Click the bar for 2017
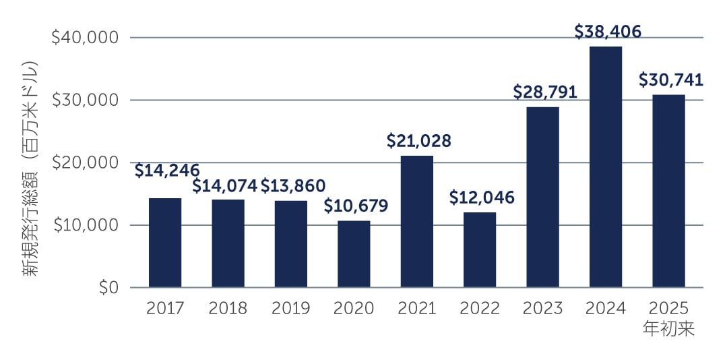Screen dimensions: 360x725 pos(165,243)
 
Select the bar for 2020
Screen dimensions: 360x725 pos(354,254)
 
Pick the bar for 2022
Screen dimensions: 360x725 pos(480,250)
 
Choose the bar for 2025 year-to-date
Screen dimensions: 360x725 pos(668,191)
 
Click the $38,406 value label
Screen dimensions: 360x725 pos(607,31)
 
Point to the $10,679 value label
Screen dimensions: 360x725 pos(356,206)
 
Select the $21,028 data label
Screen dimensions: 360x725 pos(418,141)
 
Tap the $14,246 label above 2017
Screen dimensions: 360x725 pos(166,171)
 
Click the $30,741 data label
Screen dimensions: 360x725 pos(670,80)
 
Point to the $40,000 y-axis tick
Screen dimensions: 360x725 pos(85,38)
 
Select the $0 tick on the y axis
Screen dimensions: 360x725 pos(108,288)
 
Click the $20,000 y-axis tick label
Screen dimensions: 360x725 pos(85,162)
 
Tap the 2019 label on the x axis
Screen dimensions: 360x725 pos(290,309)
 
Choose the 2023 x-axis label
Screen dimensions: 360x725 pos(542,309)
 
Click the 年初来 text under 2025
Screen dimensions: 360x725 pos(668,330)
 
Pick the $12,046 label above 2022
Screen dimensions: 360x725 pos(481,198)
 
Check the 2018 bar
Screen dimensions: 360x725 pos(228,243)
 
